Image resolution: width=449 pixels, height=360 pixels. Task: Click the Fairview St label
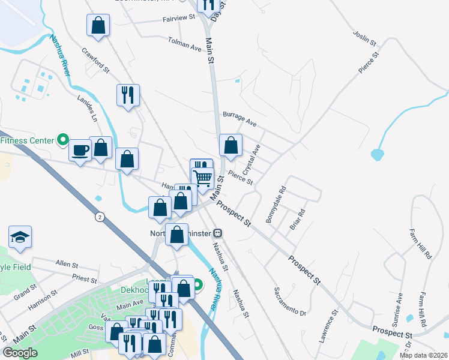pyautogui.click(x=179, y=19)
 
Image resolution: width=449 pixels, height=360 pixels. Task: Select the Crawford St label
pyautogui.click(x=95, y=61)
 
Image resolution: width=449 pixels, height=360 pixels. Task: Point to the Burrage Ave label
pyautogui.click(x=240, y=119)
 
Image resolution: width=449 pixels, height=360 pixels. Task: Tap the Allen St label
pyautogui.click(x=66, y=264)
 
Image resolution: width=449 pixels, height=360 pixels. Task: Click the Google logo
pyautogui.click(x=21, y=352)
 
